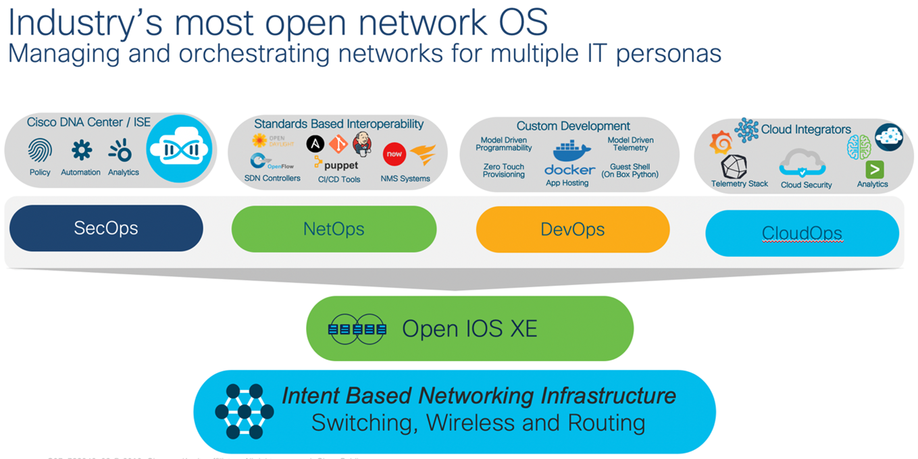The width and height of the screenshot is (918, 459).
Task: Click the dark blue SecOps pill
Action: pyautogui.click(x=106, y=228)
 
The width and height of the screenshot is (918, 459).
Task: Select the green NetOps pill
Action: pyautogui.click(x=334, y=229)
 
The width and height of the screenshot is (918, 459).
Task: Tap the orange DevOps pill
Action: pyautogui.click(x=572, y=229)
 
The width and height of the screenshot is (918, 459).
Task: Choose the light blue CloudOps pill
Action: pyautogui.click(x=802, y=234)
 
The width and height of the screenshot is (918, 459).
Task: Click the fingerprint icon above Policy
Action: pyautogui.click(x=40, y=150)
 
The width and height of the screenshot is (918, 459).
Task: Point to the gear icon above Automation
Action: pyautogui.click(x=81, y=150)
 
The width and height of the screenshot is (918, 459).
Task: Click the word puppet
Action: pyautogui.click(x=341, y=165)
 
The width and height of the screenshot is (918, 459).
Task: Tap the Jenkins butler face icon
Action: pyautogui.click(x=361, y=143)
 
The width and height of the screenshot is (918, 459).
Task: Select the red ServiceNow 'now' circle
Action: pyautogui.click(x=393, y=155)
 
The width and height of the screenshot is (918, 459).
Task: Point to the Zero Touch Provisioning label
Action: pyautogui.click(x=503, y=170)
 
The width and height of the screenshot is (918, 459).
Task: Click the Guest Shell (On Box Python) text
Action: pyautogui.click(x=630, y=170)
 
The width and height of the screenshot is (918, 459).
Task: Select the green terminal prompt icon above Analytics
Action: pyautogui.click(x=874, y=169)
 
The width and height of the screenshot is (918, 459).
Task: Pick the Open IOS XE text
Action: pyautogui.click(x=469, y=329)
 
